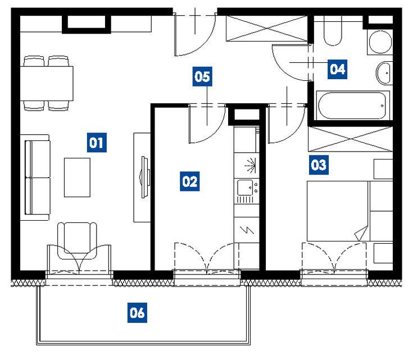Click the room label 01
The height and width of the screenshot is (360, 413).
97,143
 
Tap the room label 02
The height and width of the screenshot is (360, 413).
190,181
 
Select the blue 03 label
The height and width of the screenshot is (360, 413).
319,165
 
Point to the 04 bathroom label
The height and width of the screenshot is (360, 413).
337,69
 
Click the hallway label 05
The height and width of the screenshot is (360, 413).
202,76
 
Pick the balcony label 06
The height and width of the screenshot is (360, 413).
137,313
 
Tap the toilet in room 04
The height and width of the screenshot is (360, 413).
333,30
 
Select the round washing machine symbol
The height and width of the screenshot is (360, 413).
380,42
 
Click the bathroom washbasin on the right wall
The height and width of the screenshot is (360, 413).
385,73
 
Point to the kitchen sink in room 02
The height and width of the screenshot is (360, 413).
245,188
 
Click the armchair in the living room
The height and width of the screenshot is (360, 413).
77,241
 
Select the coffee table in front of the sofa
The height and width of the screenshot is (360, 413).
77,177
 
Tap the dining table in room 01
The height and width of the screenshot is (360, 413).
47,83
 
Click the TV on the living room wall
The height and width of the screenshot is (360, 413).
145,177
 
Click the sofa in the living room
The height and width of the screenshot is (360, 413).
35,177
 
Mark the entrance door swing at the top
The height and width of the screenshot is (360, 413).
196,35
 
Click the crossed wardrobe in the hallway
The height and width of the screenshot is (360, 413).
267,29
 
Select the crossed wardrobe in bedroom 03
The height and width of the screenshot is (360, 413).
351,139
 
